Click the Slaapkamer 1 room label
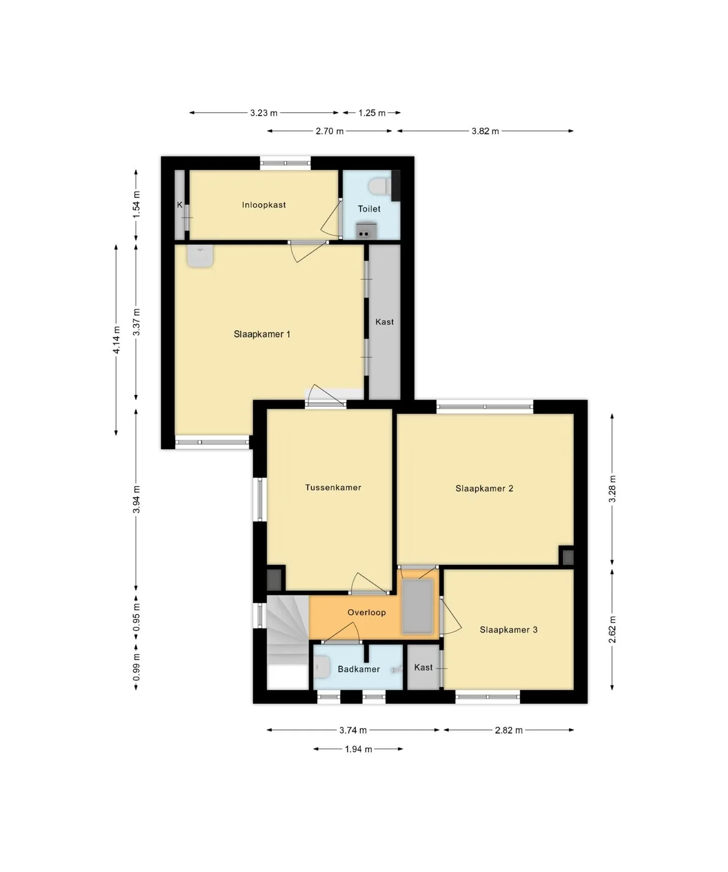(x=262, y=334)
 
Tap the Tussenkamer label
(x=333, y=488)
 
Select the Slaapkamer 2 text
(x=484, y=489)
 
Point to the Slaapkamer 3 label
(x=509, y=629)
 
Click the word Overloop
(x=367, y=612)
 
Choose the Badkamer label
(x=359, y=669)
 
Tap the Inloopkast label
(x=264, y=205)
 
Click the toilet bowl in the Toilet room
(x=380, y=186)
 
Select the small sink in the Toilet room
(x=366, y=230)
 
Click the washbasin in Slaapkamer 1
(x=200, y=256)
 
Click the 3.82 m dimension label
(x=485, y=131)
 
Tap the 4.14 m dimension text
(x=116, y=340)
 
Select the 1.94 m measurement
(x=358, y=749)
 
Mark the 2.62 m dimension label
(x=612, y=629)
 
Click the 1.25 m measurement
(x=372, y=113)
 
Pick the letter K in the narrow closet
(x=180, y=205)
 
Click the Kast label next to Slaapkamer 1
(x=385, y=322)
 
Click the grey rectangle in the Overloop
(x=418, y=606)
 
